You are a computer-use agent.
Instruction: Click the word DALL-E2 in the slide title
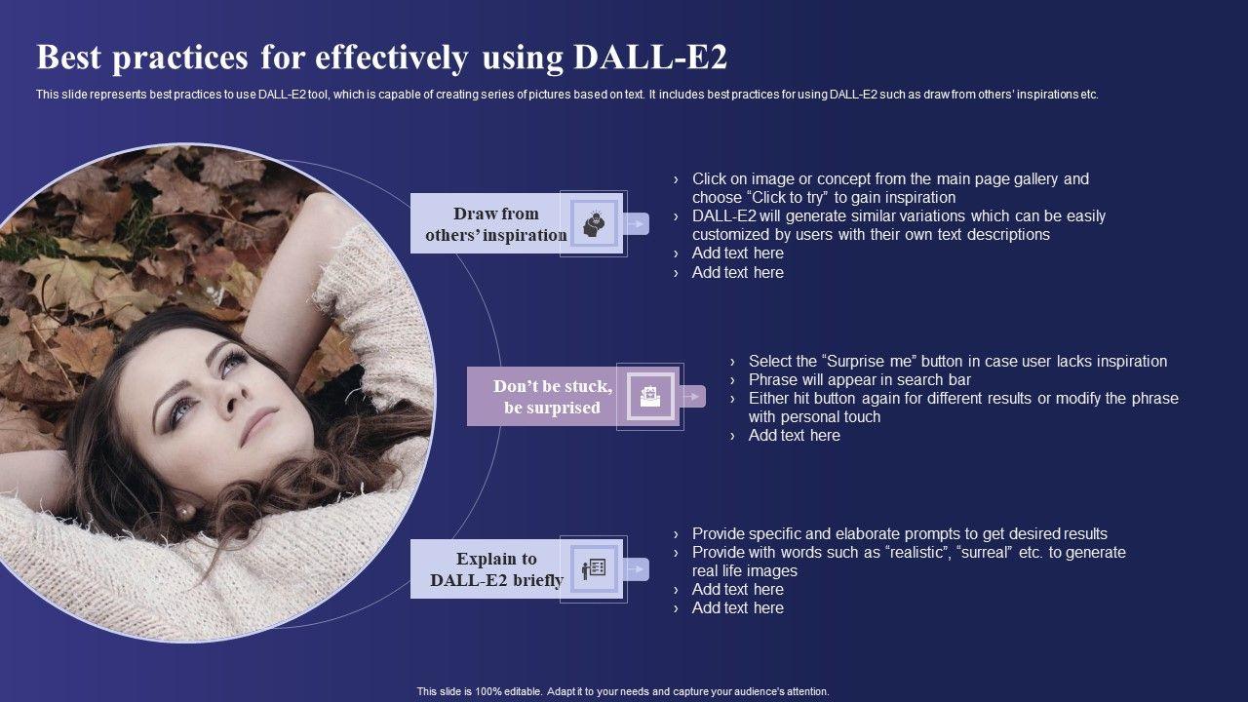[x=650, y=58]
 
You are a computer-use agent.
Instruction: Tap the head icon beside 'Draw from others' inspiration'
[x=594, y=224]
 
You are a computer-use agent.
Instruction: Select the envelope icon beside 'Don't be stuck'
[x=650, y=397]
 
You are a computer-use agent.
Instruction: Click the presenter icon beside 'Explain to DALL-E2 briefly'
[x=594, y=568]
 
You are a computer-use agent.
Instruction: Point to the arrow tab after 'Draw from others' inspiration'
[x=636, y=224]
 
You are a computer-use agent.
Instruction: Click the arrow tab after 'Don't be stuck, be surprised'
[x=692, y=397]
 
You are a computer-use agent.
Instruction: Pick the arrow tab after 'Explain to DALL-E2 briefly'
[x=636, y=568]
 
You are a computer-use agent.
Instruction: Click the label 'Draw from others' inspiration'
[x=496, y=224]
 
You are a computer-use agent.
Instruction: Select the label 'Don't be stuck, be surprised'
[x=553, y=397]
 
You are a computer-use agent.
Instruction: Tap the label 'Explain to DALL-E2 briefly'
[x=496, y=569]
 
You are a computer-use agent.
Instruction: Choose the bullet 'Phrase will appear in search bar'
[x=860, y=379]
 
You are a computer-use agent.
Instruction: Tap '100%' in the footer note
[x=488, y=691]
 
